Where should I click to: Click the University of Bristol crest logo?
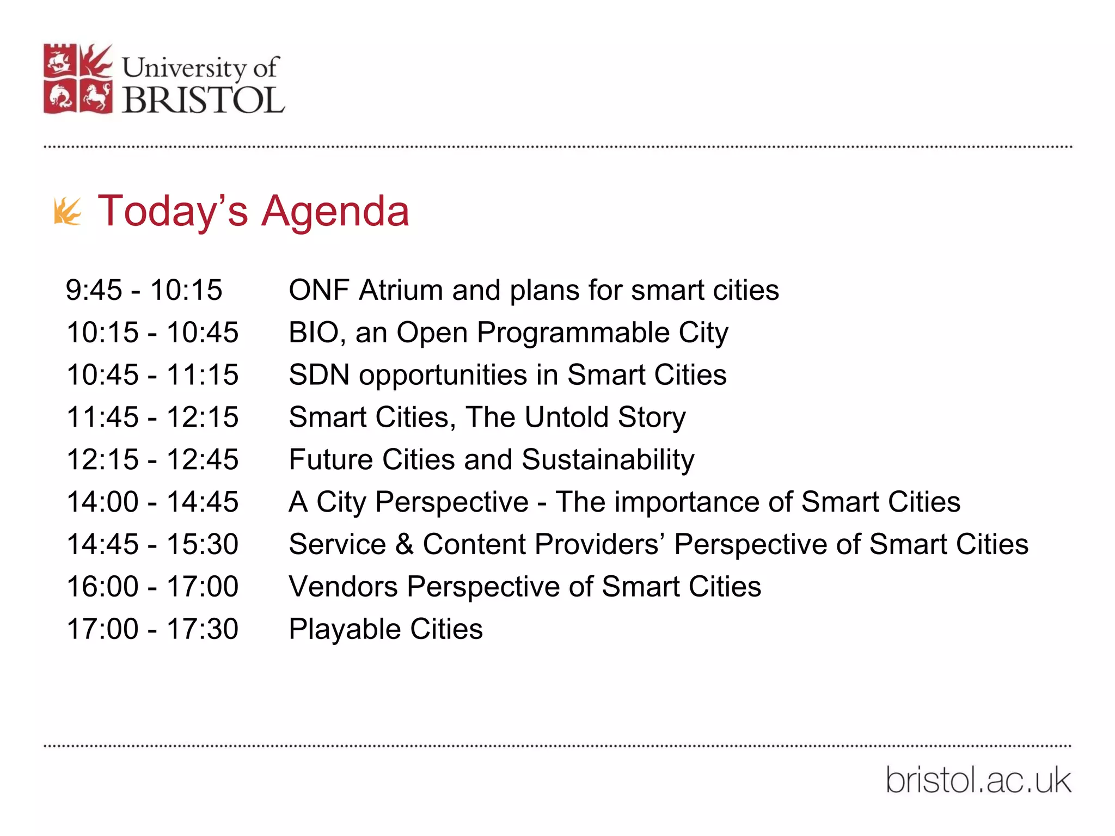(78, 79)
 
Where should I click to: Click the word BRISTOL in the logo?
(203, 100)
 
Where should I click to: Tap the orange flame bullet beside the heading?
(68, 212)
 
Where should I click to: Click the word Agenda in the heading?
(335, 212)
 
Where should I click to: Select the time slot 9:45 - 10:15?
(144, 290)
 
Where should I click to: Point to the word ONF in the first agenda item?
(318, 290)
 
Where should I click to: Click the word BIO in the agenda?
(314, 333)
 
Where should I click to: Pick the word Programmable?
(573, 333)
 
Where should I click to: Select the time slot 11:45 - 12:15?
(152, 417)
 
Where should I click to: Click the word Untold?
(566, 417)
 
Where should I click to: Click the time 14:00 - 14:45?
(152, 502)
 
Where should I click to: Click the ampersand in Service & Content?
(404, 544)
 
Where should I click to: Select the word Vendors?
(343, 587)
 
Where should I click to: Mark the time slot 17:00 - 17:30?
(152, 629)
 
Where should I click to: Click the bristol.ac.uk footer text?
(978, 780)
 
